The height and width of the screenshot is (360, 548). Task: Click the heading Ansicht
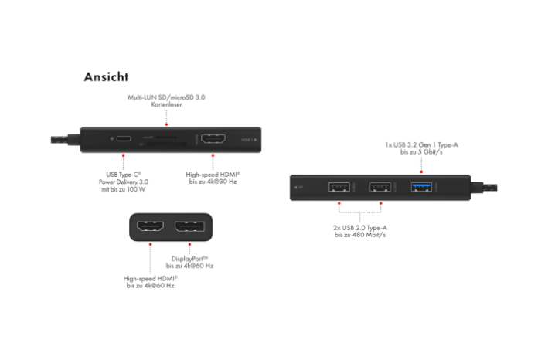pyautogui.click(x=106, y=77)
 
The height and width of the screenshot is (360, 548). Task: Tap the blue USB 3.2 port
pyautogui.click(x=421, y=187)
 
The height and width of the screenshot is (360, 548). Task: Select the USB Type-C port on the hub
pyautogui.click(x=124, y=140)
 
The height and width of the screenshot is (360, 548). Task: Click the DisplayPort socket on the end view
pyautogui.click(x=189, y=228)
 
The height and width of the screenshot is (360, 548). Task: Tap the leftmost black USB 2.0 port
pyautogui.click(x=339, y=187)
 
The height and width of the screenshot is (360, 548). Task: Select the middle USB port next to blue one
pyautogui.click(x=380, y=187)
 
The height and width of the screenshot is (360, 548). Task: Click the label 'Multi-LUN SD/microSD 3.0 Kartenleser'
pyautogui.click(x=166, y=101)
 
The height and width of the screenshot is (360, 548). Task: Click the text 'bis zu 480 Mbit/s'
pyautogui.click(x=359, y=235)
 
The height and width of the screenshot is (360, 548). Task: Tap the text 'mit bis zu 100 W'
pyautogui.click(x=124, y=189)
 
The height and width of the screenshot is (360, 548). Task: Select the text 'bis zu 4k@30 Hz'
pyautogui.click(x=213, y=182)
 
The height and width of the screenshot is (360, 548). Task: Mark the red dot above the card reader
pyautogui.click(x=166, y=122)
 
